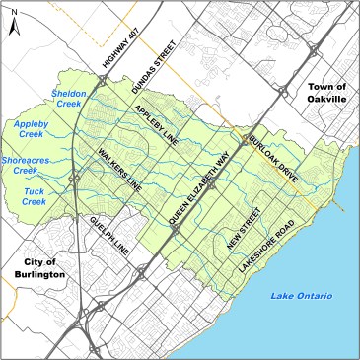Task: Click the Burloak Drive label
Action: click(x=267, y=149)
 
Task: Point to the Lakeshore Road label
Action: click(x=266, y=232)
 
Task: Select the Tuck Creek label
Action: click(x=35, y=195)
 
